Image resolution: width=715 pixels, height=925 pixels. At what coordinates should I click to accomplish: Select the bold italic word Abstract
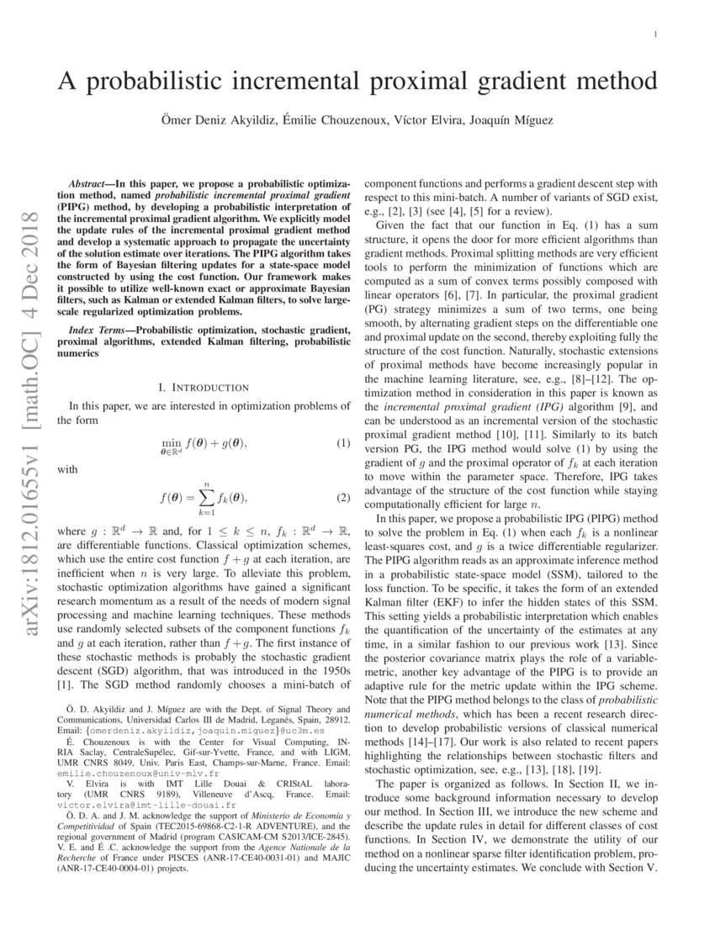pos(90,183)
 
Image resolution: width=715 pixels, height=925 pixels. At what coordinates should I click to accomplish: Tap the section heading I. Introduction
pos(204,388)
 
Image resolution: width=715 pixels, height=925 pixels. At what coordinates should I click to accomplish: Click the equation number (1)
pos(343,443)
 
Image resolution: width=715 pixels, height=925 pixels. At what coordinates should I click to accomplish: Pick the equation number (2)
pos(343,498)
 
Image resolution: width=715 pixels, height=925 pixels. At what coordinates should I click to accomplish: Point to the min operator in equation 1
pos(171,441)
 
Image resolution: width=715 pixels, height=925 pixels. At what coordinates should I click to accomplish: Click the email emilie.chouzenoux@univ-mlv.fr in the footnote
pos(138,773)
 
